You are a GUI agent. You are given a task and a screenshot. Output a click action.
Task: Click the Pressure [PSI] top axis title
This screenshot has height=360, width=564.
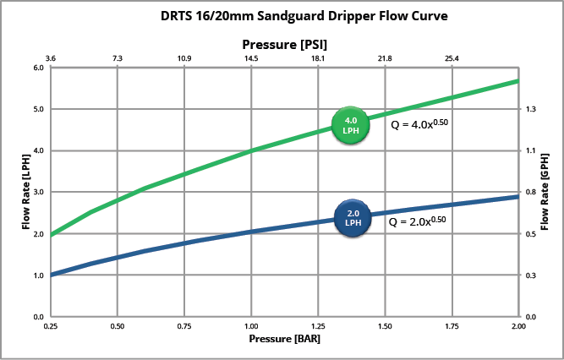[x=286, y=43]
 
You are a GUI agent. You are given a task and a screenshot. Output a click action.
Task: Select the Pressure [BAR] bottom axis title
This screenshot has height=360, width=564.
[x=284, y=339]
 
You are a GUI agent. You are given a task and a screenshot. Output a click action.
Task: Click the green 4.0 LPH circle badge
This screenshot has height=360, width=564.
[x=350, y=126]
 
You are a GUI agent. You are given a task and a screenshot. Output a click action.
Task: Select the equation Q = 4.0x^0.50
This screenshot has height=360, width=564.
[x=418, y=123]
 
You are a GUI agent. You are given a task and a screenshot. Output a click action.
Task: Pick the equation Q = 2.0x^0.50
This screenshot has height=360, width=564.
[x=416, y=222]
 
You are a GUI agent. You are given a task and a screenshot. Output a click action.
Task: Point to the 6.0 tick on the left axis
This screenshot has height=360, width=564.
[x=37, y=68]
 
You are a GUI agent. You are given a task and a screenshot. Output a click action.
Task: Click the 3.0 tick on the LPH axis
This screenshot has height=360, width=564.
[x=37, y=193]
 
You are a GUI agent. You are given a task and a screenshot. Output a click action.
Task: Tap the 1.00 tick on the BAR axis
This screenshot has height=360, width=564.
[x=251, y=325]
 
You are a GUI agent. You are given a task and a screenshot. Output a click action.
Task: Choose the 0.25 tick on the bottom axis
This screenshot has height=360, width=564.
[x=51, y=325]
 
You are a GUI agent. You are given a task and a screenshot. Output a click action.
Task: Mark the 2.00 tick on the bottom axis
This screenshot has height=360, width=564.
[x=518, y=325]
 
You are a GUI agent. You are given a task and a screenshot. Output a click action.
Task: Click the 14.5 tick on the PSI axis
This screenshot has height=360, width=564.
[x=251, y=58]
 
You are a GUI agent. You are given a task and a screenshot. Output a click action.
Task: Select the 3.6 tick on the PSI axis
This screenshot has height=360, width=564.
[x=51, y=58]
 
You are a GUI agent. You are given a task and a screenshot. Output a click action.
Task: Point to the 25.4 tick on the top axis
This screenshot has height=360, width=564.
[x=452, y=58]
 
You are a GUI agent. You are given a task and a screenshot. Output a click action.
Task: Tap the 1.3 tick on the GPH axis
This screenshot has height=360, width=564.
[x=531, y=110]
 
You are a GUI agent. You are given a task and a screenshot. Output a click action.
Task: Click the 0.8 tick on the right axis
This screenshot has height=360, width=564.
[x=531, y=193]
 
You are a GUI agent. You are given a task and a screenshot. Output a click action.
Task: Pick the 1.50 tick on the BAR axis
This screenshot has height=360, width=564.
[x=385, y=325]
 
